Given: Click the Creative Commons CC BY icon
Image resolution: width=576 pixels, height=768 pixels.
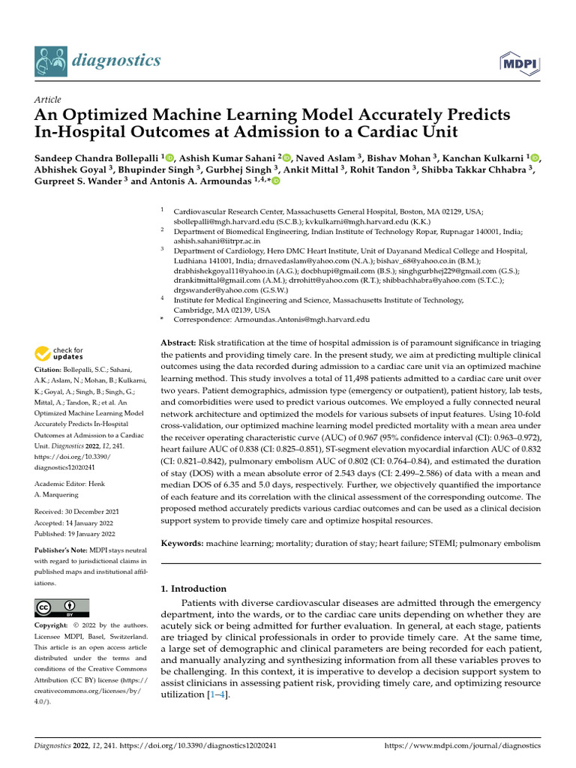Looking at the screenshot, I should click(61, 607).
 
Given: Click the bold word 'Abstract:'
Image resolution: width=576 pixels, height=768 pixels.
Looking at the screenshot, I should click(180, 342).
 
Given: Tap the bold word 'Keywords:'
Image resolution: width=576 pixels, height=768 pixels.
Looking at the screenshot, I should click(182, 541).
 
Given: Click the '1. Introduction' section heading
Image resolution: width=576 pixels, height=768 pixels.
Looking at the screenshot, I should click(194, 589).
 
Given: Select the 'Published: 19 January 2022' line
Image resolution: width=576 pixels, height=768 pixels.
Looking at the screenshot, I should click(74, 533).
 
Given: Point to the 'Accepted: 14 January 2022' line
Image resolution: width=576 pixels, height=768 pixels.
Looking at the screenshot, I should click(73, 523).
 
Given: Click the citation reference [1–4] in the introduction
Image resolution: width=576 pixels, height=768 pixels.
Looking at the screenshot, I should click(217, 695).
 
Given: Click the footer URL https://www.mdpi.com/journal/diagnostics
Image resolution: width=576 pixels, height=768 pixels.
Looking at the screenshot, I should click(462, 746).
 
